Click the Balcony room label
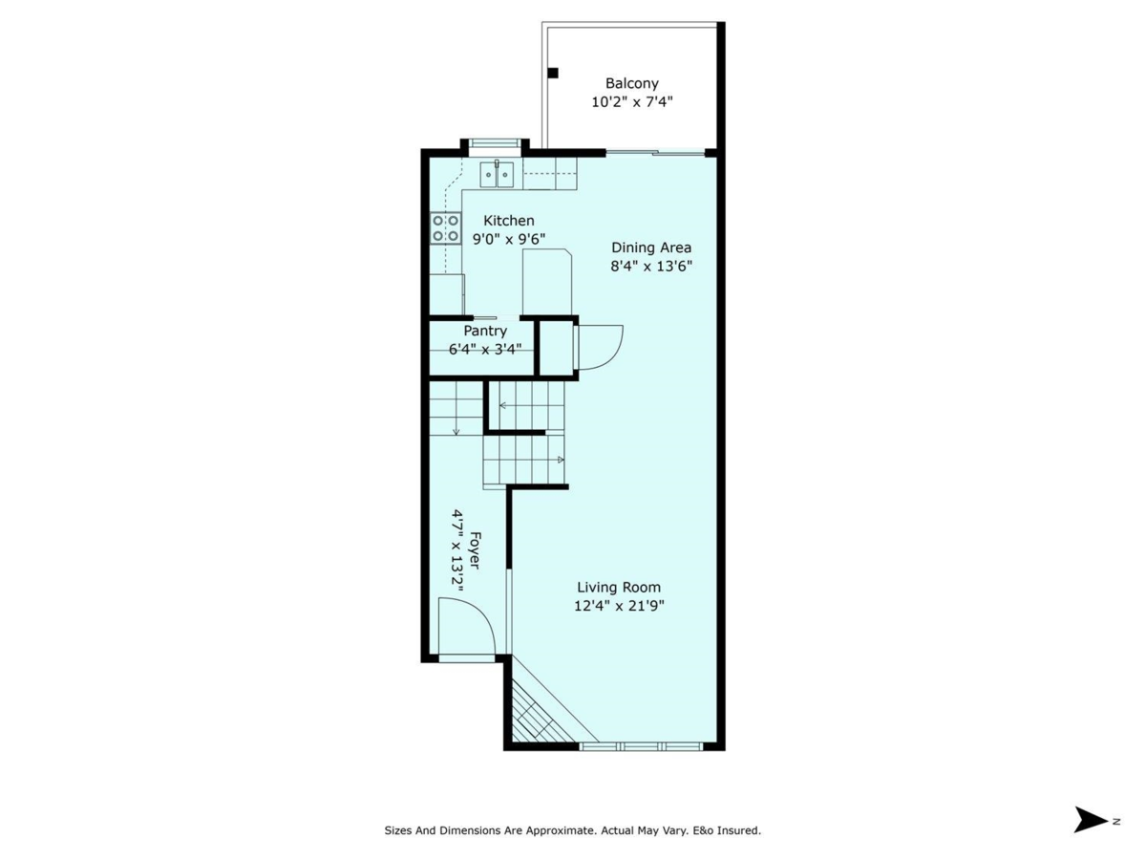click(631, 83)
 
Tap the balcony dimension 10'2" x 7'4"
click(631, 101)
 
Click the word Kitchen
click(508, 221)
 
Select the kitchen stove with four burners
click(445, 228)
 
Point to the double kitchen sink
click(497, 175)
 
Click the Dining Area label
click(650, 247)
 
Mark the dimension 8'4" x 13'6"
click(650, 267)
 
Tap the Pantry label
click(485, 331)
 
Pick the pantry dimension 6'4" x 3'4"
click(485, 349)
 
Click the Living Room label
click(618, 588)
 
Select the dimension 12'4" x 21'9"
click(618, 606)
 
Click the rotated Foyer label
click(475, 550)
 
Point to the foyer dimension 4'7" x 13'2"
click(457, 550)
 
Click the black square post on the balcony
click(553, 74)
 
